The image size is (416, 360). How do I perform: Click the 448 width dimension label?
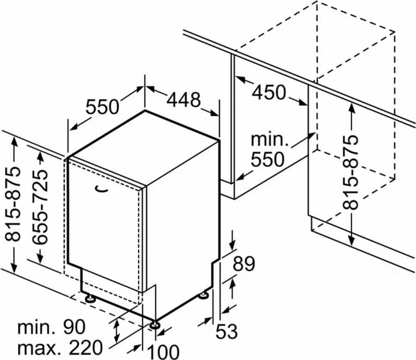point(183,100)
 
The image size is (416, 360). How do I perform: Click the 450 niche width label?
point(269,93)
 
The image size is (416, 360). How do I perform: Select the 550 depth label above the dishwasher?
point(102,107)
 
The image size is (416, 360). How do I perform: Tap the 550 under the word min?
point(267,160)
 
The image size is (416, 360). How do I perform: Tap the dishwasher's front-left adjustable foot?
point(89,299)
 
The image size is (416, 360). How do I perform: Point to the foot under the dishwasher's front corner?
point(154,325)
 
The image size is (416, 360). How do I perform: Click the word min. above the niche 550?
point(269,140)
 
